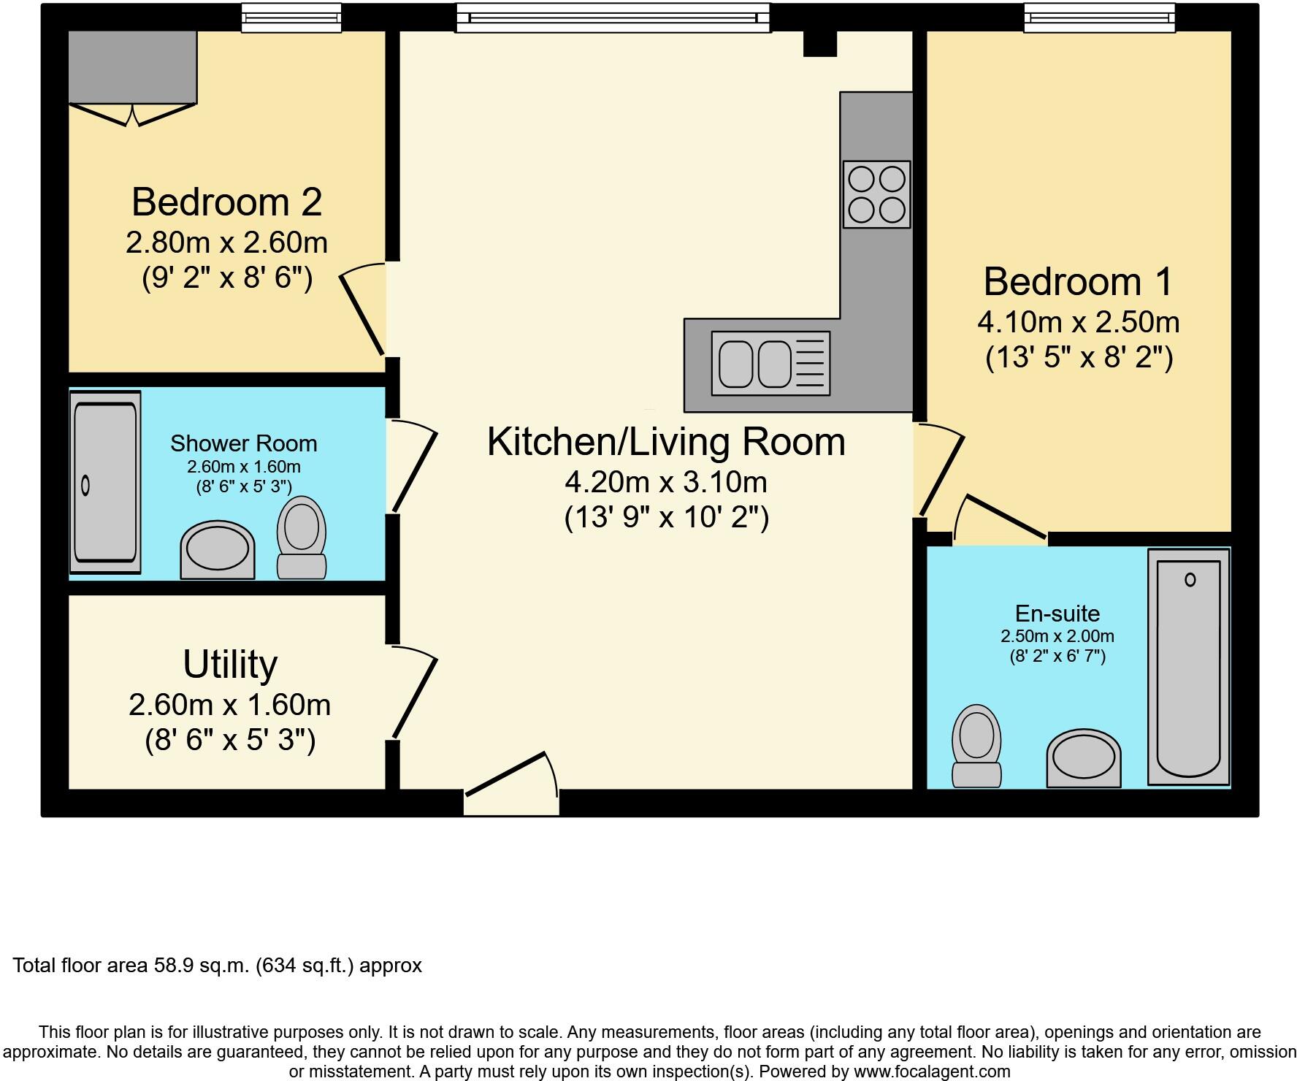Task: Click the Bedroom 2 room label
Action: click(x=226, y=202)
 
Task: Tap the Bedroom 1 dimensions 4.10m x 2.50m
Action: click(x=1079, y=322)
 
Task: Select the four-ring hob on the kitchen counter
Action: click(x=877, y=194)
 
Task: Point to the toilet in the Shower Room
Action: click(x=302, y=539)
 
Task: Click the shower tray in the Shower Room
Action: click(x=105, y=482)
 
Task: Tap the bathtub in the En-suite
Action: click(x=1189, y=667)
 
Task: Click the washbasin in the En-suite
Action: click(x=1084, y=760)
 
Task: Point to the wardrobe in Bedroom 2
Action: click(x=133, y=67)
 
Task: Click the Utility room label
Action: click(x=230, y=665)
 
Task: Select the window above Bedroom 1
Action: click(x=1099, y=18)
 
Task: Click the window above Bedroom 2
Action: click(x=291, y=18)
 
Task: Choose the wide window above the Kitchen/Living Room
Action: click(x=613, y=18)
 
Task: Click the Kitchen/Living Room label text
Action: click(x=666, y=443)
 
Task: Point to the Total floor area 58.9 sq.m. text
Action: click(x=218, y=966)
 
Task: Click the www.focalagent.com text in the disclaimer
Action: click(x=932, y=1072)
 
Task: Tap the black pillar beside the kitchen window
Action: click(x=819, y=44)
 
